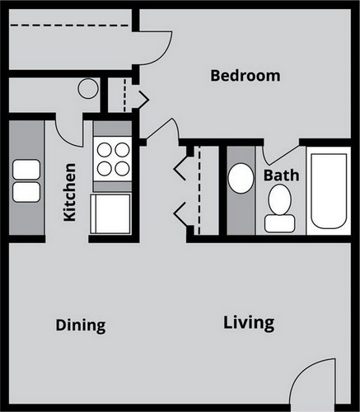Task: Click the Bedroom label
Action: coord(245,76)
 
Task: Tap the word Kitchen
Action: coord(69,192)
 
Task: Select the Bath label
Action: coord(281,176)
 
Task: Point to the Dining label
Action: coord(81,325)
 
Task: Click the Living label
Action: coord(249,323)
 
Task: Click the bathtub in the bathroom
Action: coord(329,191)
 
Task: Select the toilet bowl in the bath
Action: coord(280,199)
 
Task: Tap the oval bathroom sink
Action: coord(241,178)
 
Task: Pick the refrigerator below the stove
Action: coord(110,213)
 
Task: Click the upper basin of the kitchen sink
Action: coord(26,170)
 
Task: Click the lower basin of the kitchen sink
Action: coord(26,192)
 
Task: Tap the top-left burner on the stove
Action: coord(105,150)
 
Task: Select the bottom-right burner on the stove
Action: coord(122,168)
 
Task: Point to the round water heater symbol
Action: coord(88,88)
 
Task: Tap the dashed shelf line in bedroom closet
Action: coord(69,26)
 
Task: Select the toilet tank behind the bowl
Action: coord(280,224)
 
